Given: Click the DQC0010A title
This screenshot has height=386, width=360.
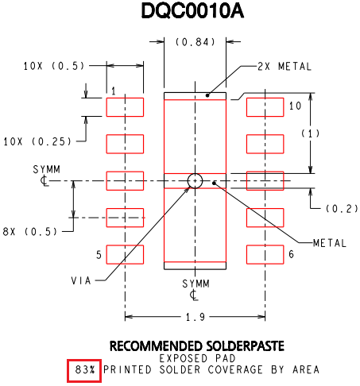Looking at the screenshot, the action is point(192,11).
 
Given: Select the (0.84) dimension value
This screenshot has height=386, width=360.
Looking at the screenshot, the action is point(195,42).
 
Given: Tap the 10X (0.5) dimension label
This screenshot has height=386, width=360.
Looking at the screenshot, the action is point(54,66).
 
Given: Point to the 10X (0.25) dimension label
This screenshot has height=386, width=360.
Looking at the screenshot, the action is point(37,141).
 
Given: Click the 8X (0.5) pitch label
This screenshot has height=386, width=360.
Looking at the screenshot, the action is point(30,232).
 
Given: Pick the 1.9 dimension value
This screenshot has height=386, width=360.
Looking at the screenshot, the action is point(195,317).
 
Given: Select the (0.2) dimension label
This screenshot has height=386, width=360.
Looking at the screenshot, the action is point(342,209).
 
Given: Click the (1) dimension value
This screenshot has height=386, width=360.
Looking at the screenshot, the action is point(311,133).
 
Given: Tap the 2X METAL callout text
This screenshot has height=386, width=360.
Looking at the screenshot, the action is point(285,67).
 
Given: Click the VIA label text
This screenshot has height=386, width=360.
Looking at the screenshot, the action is point(81,280).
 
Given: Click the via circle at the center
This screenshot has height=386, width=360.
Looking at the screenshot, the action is point(195,181).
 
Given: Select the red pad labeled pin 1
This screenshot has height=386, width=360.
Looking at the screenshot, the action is point(125,107).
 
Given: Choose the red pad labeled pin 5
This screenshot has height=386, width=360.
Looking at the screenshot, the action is point(125,255).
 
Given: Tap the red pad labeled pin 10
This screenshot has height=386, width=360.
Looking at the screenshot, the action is point(265,107).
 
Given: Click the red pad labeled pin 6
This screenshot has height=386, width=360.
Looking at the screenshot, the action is point(265,255).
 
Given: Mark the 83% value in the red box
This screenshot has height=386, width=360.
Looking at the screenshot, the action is point(85,369).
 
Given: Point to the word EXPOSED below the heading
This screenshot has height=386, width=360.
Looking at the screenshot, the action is point(184,358).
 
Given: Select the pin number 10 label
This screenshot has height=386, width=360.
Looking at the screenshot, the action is point(295,106).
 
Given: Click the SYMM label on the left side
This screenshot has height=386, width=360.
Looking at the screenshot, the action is point(47,169).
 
